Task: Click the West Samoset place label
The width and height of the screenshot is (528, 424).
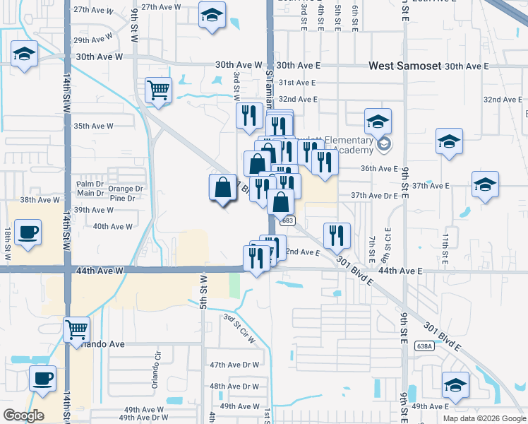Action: click(405, 66)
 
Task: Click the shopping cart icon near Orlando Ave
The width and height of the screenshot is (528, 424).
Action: click(76, 329)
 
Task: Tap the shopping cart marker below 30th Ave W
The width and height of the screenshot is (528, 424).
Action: click(158, 90)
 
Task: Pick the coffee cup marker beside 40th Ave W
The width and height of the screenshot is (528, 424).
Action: click(28, 232)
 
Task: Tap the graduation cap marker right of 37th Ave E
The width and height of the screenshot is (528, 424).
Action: click(485, 186)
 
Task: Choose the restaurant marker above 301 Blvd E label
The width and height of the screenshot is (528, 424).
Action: click(337, 235)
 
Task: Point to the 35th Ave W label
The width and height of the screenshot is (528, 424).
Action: click(94, 126)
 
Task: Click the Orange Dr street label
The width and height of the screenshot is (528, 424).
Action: click(126, 189)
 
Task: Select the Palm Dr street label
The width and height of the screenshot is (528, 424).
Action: click(90, 184)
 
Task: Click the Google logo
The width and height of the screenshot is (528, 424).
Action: click(23, 416)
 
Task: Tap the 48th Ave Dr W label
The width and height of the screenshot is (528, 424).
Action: click(234, 387)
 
